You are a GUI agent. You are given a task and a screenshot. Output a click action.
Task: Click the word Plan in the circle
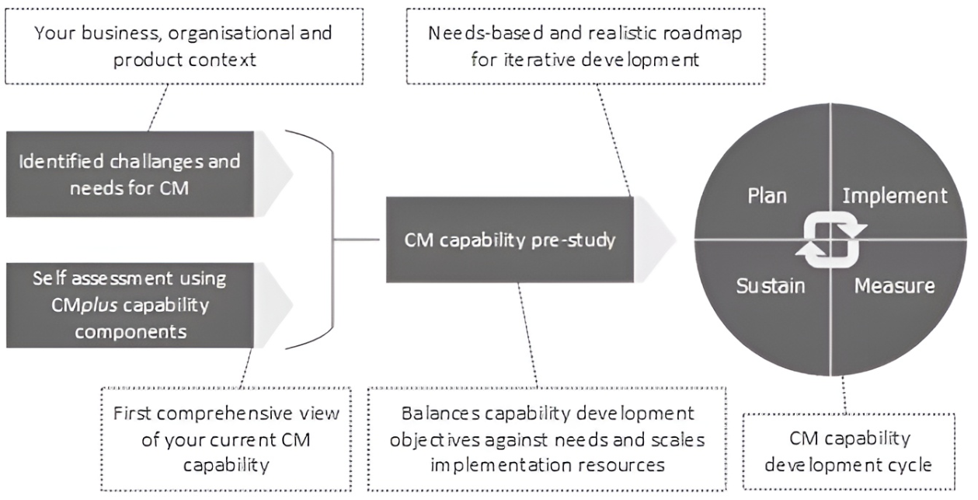767,194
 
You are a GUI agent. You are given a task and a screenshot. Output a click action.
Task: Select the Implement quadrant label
895,194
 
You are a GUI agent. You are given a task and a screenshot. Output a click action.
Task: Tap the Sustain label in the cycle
771,285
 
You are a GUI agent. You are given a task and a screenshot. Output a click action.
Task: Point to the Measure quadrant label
894,285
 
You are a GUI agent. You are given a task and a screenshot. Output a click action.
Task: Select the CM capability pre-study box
510,240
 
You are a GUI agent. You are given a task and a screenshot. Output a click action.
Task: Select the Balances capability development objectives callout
548,439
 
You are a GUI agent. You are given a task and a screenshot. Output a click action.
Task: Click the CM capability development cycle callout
848,452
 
